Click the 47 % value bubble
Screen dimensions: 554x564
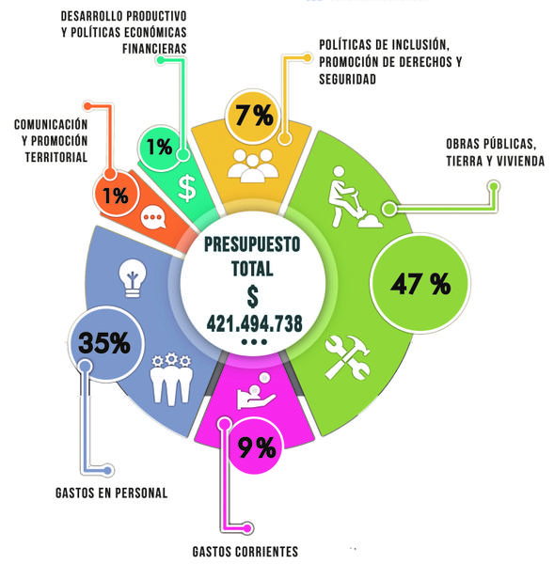pyautogui.click(x=420, y=283)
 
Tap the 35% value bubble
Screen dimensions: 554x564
pyautogui.click(x=105, y=343)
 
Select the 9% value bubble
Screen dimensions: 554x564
pyautogui.click(x=257, y=447)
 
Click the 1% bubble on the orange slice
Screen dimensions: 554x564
pyautogui.click(x=116, y=195)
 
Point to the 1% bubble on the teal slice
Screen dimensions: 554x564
pyautogui.click(x=160, y=148)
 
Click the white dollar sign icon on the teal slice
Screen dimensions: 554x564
pyautogui.click(x=187, y=188)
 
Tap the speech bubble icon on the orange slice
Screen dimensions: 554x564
pyautogui.click(x=153, y=218)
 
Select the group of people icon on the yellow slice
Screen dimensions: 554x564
pyautogui.click(x=253, y=165)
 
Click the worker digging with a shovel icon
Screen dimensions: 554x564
pyautogui.click(x=355, y=197)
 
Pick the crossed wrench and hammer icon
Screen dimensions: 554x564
pyautogui.click(x=347, y=357)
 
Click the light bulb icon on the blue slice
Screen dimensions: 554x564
pyautogui.click(x=133, y=278)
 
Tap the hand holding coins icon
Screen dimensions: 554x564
pyautogui.click(x=256, y=391)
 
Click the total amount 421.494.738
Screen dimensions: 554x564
pyautogui.click(x=255, y=323)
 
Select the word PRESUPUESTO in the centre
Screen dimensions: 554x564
pyautogui.click(x=252, y=244)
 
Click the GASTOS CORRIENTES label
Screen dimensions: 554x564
pyautogui.click(x=245, y=552)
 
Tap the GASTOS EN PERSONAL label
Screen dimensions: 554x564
pyautogui.click(x=112, y=493)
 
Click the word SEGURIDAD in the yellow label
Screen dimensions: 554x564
pyautogui.click(x=347, y=79)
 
